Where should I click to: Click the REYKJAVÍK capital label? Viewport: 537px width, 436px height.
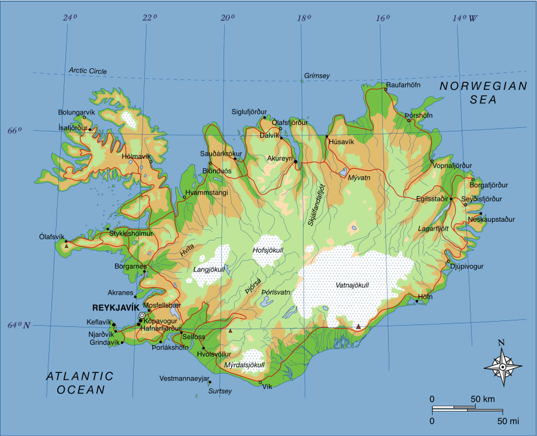(116, 307)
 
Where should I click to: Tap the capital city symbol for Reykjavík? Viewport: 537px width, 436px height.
(142, 315)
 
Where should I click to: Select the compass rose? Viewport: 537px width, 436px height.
(503, 367)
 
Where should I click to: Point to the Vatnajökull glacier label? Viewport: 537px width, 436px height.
(353, 285)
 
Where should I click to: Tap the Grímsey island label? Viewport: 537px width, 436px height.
(317, 76)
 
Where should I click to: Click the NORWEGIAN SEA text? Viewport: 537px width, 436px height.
(483, 93)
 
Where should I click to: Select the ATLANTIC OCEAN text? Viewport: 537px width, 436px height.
(80, 383)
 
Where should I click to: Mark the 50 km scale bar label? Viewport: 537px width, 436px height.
(482, 399)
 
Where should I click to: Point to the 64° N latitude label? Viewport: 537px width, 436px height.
(18, 325)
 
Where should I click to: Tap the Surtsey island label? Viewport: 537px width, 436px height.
(220, 391)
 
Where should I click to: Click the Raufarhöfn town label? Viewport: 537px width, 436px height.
(403, 85)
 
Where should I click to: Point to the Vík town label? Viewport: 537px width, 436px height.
(267, 386)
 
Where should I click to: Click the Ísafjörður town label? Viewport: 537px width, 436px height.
(72, 127)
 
